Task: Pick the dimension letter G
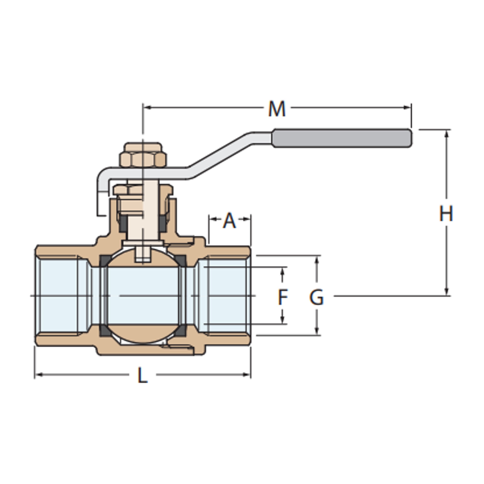[316, 297]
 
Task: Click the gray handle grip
[342, 138]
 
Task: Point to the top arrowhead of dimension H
[446, 134]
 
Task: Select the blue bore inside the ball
[143, 296]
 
